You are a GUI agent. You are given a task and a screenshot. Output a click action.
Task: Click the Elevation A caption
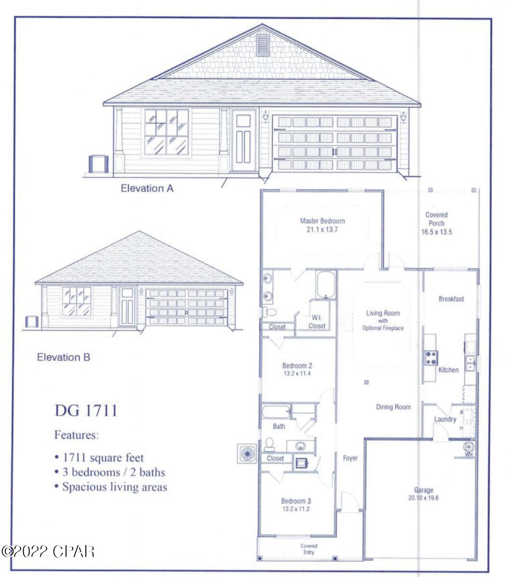[x=147, y=188]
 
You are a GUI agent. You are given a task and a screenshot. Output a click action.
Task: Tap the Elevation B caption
[x=64, y=357]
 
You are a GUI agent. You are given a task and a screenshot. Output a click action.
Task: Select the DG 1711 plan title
[x=86, y=410]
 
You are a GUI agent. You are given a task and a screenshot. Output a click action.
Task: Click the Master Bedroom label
[x=323, y=221]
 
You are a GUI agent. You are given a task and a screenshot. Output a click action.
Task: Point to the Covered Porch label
[x=436, y=219]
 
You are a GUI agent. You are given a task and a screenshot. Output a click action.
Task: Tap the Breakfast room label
[x=451, y=299]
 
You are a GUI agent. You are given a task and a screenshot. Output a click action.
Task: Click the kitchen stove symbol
[x=431, y=358]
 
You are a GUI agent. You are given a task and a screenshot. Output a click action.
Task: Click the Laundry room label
[x=445, y=419]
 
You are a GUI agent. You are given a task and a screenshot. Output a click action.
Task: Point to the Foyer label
[x=350, y=458]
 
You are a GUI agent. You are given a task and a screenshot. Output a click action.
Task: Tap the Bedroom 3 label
[x=296, y=501]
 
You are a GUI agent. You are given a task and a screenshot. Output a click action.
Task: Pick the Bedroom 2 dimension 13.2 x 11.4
[x=297, y=373]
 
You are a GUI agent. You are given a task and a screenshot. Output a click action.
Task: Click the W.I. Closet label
[x=317, y=322]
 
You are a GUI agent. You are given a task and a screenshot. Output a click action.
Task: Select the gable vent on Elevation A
[x=262, y=45]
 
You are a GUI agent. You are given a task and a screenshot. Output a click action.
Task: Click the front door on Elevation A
[x=243, y=140]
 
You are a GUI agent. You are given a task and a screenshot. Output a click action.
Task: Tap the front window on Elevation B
[x=77, y=301]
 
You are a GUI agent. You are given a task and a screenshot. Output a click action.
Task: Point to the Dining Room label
[x=393, y=407]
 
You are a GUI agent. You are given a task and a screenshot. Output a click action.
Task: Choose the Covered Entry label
[x=309, y=549]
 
